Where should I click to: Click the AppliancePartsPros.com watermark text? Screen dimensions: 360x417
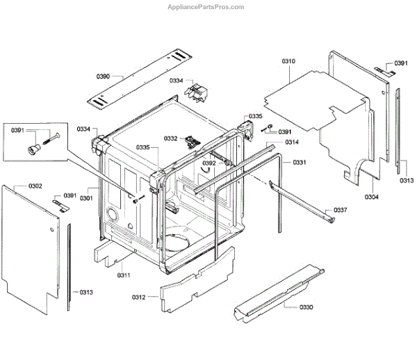point(207,7)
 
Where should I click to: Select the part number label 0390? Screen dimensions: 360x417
point(104,76)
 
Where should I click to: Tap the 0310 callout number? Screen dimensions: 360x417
point(288,62)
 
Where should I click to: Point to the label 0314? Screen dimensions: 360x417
point(292,142)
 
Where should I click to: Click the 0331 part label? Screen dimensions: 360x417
point(300,162)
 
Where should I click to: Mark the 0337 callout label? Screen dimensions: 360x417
point(340,210)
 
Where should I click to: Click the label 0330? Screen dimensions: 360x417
point(306,306)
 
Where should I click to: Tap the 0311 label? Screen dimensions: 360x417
point(124,275)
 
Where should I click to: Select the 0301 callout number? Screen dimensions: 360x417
point(86,198)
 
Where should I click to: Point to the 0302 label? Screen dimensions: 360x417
point(35,186)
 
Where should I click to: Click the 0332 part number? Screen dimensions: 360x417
point(171,138)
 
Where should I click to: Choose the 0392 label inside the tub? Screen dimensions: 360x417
point(209,164)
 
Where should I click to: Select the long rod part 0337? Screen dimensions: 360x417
point(299,198)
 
